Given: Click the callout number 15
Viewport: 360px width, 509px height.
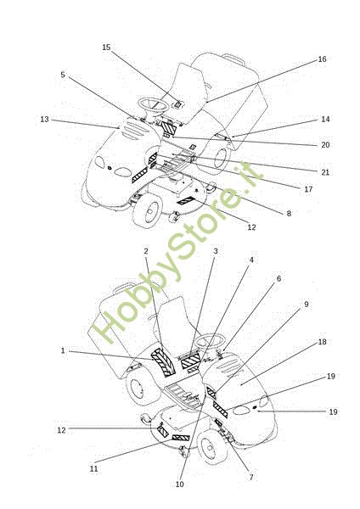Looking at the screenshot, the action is [x=107, y=48].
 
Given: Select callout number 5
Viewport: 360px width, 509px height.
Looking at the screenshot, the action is [x=63, y=75].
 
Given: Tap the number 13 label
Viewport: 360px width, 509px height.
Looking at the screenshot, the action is [x=44, y=120].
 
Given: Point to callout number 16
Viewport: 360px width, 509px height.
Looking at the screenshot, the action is [x=322, y=59].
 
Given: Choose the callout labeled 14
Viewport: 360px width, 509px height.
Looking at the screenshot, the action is [x=325, y=120].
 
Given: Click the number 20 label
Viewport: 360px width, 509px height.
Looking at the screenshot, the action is [x=325, y=145].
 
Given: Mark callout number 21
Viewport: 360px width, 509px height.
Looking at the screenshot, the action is [x=325, y=172].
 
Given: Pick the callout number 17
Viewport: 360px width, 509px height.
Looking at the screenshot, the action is [x=308, y=189].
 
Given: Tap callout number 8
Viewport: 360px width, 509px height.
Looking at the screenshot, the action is [x=289, y=214].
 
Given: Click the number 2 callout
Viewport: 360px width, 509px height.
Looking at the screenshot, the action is [x=146, y=251].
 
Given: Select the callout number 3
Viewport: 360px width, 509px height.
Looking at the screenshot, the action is [x=216, y=251].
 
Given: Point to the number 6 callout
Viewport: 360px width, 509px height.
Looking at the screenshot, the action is [x=278, y=279].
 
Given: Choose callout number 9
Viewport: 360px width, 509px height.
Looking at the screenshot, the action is [x=306, y=305].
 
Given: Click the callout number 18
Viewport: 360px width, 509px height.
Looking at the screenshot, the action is [x=322, y=342].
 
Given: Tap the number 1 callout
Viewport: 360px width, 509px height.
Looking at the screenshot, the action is [x=63, y=350].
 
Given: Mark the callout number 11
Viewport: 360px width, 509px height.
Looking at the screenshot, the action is [x=94, y=469].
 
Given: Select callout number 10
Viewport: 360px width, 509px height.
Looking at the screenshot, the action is [x=179, y=484].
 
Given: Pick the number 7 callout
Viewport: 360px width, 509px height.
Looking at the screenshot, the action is [x=251, y=477].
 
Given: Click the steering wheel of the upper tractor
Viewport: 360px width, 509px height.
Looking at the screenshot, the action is [x=154, y=101].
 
